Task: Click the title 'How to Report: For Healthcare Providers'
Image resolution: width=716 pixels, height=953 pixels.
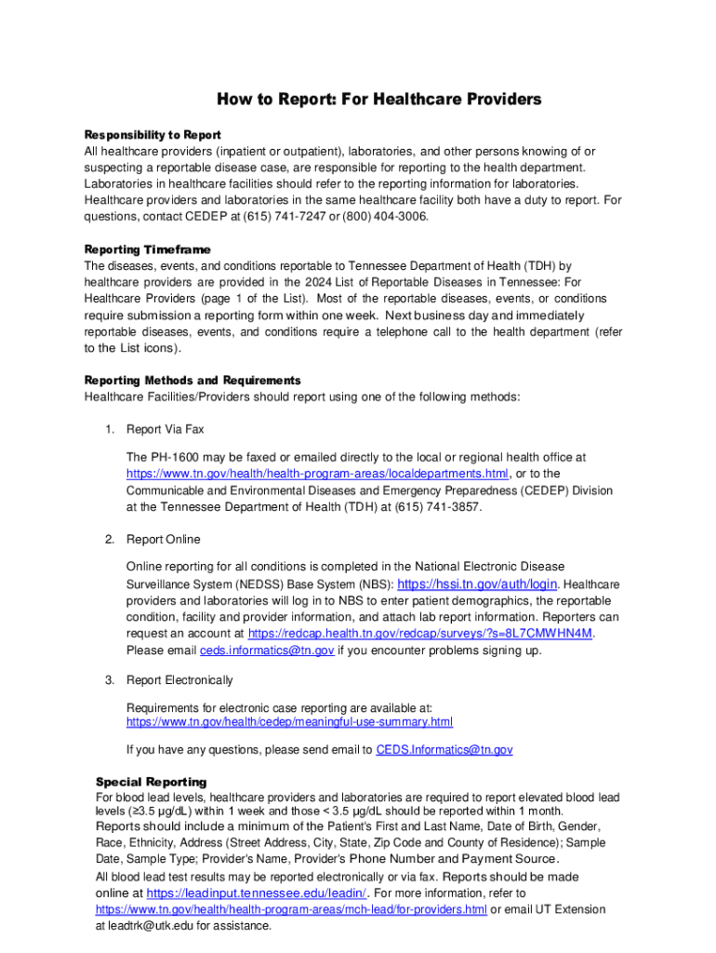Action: click(378, 100)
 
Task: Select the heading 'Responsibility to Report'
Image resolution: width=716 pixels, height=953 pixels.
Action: click(152, 135)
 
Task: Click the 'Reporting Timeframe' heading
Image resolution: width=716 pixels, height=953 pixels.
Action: click(148, 249)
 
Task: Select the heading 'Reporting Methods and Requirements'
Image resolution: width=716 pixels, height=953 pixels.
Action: click(192, 381)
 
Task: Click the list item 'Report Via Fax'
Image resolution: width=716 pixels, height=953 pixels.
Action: click(165, 429)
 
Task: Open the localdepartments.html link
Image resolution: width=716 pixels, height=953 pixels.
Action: click(317, 474)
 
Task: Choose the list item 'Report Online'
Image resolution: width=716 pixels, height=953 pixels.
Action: click(163, 540)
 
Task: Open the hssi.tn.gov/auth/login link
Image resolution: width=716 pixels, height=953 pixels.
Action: click(477, 584)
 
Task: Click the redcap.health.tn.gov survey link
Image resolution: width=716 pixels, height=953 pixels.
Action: click(420, 633)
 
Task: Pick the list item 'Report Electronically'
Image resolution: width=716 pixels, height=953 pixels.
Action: click(179, 680)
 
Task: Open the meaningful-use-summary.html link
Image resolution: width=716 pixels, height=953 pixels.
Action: click(289, 721)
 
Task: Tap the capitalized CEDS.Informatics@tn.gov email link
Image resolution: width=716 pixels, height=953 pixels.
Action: click(444, 749)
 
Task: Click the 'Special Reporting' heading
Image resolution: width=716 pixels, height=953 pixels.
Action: click(152, 782)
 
